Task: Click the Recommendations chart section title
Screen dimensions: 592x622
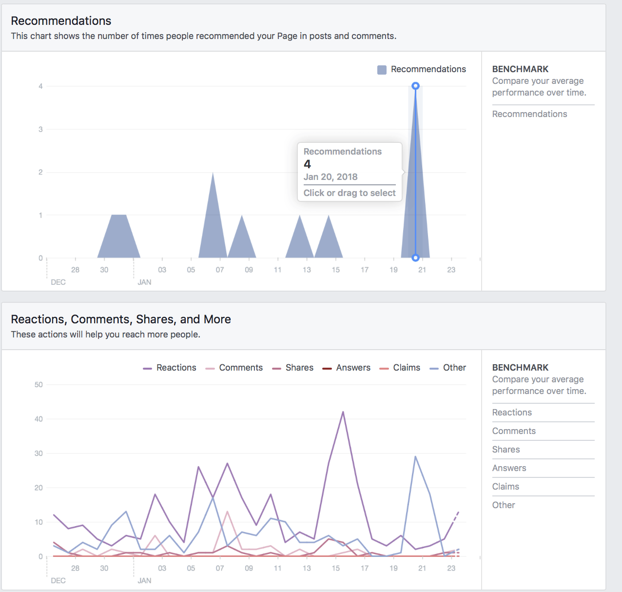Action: tap(61, 21)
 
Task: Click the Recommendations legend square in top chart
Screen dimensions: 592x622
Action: tap(382, 70)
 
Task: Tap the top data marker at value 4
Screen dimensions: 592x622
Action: tap(415, 86)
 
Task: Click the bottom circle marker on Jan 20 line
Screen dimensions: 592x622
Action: tap(415, 257)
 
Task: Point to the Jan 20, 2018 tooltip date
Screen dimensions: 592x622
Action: tap(330, 177)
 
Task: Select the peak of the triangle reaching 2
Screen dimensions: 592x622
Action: tap(213, 173)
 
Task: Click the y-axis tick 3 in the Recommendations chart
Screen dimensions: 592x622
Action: tap(41, 129)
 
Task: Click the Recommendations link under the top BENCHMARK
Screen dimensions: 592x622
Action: tap(529, 114)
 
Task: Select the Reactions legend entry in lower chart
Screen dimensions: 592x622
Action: tap(170, 368)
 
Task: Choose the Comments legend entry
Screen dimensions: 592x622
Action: tap(234, 368)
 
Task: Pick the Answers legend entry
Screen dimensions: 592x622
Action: tap(347, 368)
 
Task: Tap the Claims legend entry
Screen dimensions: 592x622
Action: tap(400, 368)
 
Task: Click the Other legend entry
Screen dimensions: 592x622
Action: tap(448, 368)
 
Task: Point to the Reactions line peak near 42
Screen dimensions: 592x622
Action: tap(343, 412)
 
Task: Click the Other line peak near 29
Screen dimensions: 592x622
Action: tap(415, 457)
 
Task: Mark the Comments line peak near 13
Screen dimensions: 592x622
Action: tap(227, 512)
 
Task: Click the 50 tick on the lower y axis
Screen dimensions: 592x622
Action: tap(39, 385)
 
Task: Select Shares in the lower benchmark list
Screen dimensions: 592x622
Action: tap(506, 450)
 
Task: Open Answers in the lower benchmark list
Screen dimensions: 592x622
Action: tap(509, 468)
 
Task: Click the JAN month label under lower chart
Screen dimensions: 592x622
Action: tap(144, 580)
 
